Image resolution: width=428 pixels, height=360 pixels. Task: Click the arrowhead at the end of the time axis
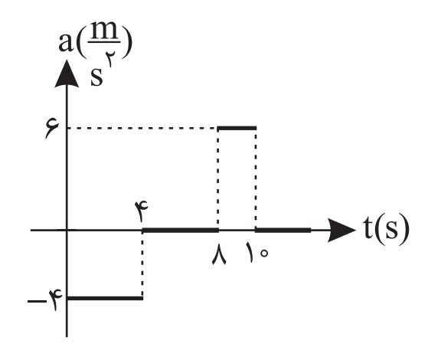(341, 231)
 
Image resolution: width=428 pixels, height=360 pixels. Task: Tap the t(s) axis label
(387, 229)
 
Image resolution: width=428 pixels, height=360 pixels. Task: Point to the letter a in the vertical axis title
(66, 43)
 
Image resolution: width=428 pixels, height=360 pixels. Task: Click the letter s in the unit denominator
(96, 77)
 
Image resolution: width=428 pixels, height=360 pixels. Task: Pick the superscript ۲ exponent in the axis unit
(110, 59)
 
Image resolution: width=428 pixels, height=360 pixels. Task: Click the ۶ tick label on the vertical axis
(52, 129)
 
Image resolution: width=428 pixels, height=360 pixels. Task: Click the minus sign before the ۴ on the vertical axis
(37, 302)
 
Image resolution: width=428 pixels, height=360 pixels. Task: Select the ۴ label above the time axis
(141, 211)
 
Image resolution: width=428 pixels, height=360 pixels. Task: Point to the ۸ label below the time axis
(219, 254)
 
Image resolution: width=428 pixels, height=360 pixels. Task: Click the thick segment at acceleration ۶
(237, 128)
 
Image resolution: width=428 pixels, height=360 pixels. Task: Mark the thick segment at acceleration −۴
(105, 298)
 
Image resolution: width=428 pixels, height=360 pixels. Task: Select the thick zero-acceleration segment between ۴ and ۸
(181, 231)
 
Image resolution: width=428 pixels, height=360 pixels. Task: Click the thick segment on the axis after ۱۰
(283, 231)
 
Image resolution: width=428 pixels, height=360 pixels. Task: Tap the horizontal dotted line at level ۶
(142, 128)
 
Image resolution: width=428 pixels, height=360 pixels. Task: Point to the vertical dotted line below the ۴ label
(142, 264)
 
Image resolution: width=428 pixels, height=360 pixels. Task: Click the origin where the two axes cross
(67, 231)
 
